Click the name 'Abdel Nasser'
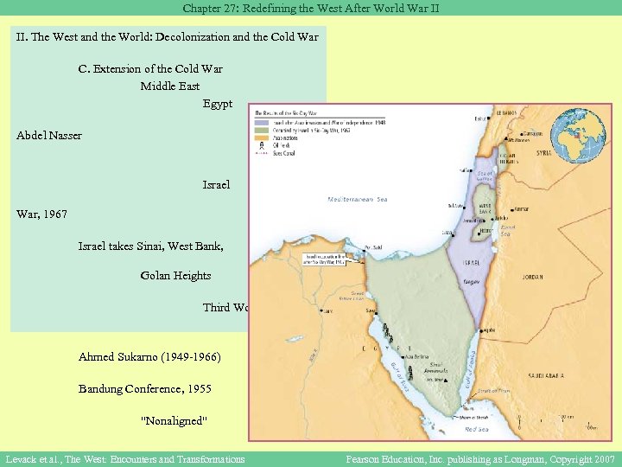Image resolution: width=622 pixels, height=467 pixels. point(48,136)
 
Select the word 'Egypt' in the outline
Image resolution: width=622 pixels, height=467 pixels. point(218,104)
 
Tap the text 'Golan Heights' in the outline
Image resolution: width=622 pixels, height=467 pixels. point(175,276)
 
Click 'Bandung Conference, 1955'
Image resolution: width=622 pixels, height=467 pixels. point(144,389)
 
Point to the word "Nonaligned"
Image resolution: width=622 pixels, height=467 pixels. point(175,420)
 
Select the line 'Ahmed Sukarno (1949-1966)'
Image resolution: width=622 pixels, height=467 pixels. point(149,357)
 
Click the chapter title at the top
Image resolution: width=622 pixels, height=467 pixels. point(310,8)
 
